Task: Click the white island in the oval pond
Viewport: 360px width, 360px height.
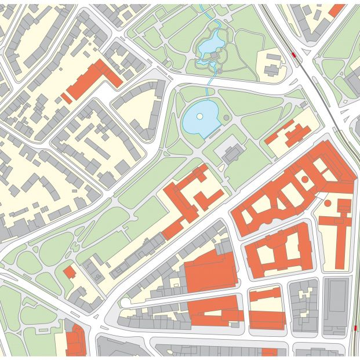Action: pyautogui.click(x=199, y=116)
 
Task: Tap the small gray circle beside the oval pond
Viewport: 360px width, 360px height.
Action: pyautogui.click(x=226, y=118)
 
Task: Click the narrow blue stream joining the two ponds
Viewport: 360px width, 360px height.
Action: pyautogui.click(x=210, y=87)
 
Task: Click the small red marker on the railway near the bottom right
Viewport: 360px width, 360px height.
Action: pyautogui.click(x=354, y=329)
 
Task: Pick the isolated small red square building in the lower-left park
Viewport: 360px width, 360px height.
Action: pyautogui.click(x=70, y=272)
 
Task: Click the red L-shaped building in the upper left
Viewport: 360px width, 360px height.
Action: pyautogui.click(x=93, y=80)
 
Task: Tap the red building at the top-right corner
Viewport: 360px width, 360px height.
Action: pyautogui.click(x=336, y=10)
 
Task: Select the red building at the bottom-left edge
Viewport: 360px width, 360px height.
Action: pyautogui.click(x=75, y=341)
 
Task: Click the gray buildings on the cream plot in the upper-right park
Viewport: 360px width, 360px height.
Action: pyautogui.click(x=272, y=65)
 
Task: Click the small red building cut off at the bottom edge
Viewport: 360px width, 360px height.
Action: pyautogui.click(x=269, y=352)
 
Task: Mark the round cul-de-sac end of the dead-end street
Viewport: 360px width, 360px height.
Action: pyautogui.click(x=125, y=302)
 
